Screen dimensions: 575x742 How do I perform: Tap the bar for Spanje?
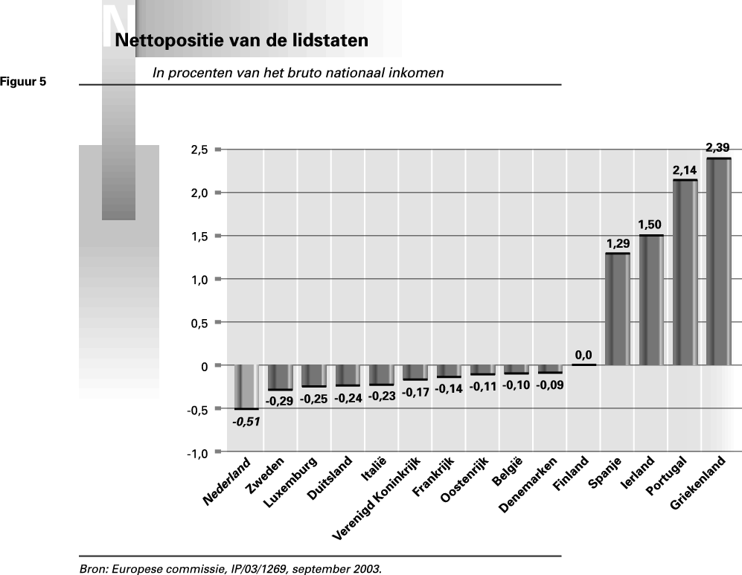pos(617,309)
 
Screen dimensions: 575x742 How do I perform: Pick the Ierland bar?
pos(651,301)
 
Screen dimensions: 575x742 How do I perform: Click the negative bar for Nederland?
pos(246,387)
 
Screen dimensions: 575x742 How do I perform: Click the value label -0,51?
pos(246,421)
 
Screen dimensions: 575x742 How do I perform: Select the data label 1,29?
pos(618,243)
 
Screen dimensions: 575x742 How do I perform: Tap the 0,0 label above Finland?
pos(583,355)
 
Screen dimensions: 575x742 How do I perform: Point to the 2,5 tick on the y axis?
pos(199,150)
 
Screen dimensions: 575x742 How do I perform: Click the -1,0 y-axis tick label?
pos(196,453)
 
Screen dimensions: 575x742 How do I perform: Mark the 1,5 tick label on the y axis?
pos(199,237)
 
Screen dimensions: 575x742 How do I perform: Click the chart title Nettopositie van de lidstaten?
pos(241,40)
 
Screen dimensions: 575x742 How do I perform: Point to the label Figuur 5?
pos(23,82)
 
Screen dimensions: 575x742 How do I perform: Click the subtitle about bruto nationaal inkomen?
pos(298,73)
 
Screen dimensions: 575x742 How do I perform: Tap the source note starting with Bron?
pos(230,569)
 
